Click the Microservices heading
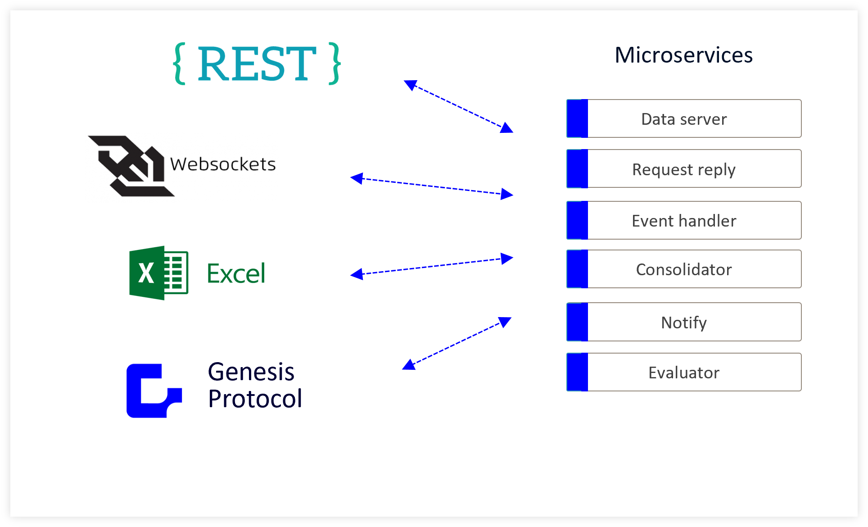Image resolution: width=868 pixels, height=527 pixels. (x=683, y=55)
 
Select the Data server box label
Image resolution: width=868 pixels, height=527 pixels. (x=684, y=119)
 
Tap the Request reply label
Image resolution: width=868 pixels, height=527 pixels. (x=684, y=170)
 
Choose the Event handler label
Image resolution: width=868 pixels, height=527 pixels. (x=684, y=221)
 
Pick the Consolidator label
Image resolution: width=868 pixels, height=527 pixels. (x=684, y=269)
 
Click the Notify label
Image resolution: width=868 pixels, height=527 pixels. (x=684, y=323)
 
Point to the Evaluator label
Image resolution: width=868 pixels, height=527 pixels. (x=684, y=373)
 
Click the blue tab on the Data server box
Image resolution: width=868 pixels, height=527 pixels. (x=577, y=118)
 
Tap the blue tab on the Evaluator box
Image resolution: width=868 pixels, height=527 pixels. (x=577, y=372)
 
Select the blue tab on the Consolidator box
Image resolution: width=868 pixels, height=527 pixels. (x=577, y=269)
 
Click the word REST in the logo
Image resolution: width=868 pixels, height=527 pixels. (x=257, y=64)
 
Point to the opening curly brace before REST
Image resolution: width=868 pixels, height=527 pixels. (x=180, y=64)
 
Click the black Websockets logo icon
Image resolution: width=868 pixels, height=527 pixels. (x=131, y=166)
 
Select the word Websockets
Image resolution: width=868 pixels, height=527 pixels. (x=223, y=164)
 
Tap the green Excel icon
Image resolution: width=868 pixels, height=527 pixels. (x=158, y=273)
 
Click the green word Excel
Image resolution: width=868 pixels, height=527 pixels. (x=236, y=273)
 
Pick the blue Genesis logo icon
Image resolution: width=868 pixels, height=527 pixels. (x=154, y=391)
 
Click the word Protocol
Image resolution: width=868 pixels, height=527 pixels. (x=255, y=399)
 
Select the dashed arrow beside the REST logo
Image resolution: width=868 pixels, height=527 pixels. (x=458, y=106)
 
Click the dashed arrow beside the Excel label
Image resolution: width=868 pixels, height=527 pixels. (x=432, y=266)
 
